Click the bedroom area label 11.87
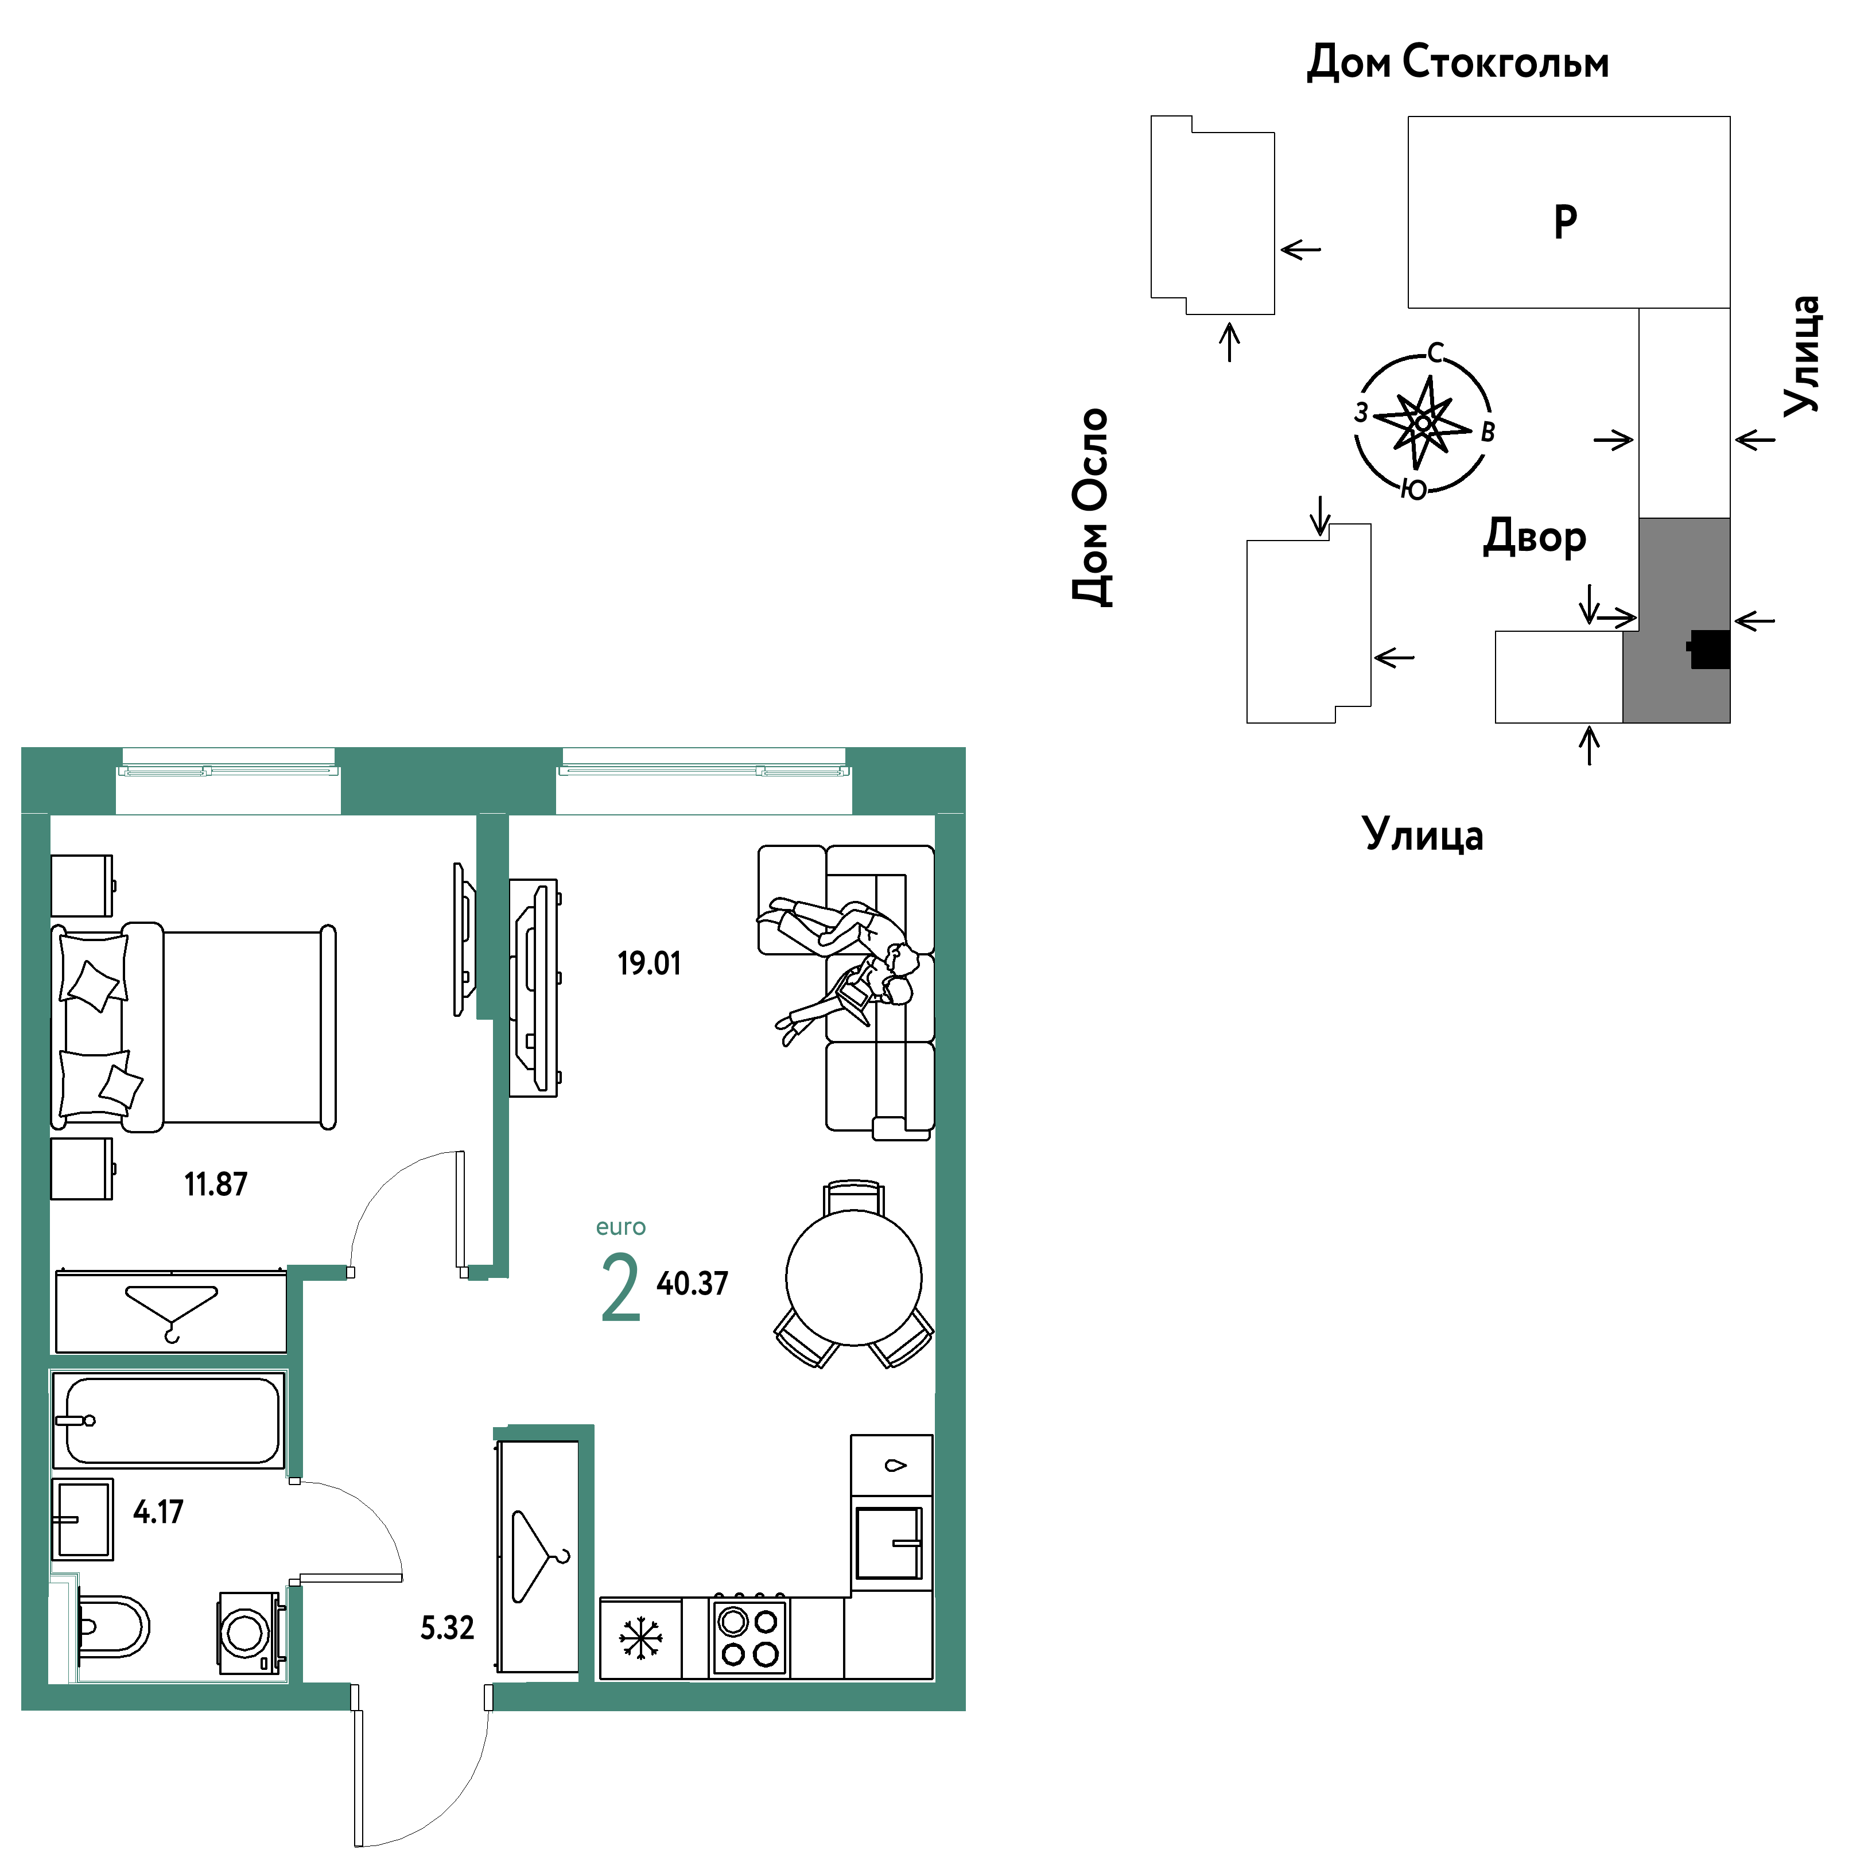coord(216,1183)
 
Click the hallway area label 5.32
coord(447,1627)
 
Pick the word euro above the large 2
coord(621,1227)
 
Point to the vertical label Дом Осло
coord(1091,507)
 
